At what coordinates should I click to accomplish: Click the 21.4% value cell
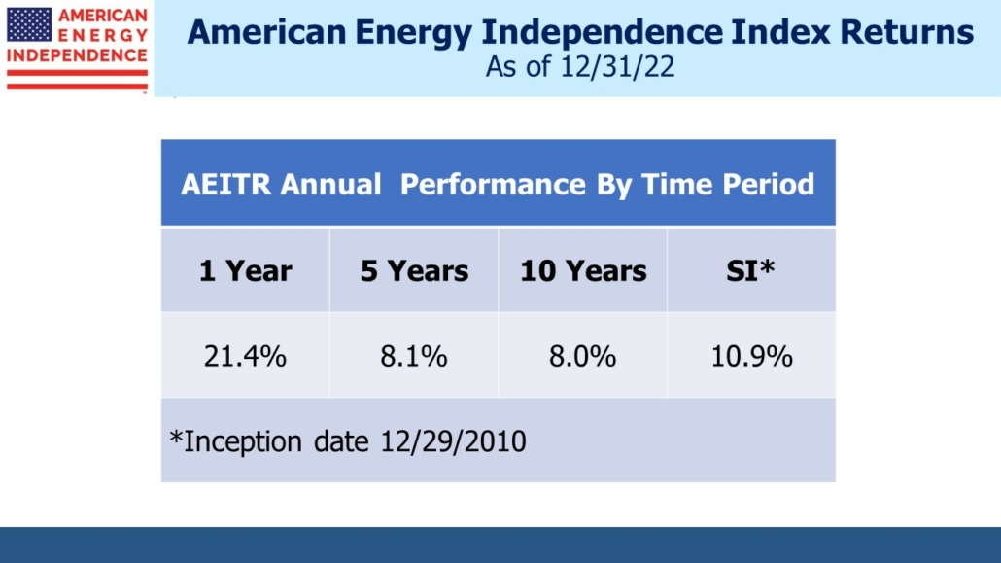(245, 356)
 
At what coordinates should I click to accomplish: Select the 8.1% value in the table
(414, 356)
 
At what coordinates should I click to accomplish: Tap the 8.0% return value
(583, 356)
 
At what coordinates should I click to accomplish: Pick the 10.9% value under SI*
(751, 356)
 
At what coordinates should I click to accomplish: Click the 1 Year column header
(245, 270)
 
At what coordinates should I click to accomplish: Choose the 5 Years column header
(414, 270)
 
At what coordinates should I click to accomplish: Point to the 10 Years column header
(583, 270)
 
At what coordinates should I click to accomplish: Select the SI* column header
(751, 270)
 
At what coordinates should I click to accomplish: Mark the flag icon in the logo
(29, 23)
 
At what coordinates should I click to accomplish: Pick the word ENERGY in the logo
(104, 35)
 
